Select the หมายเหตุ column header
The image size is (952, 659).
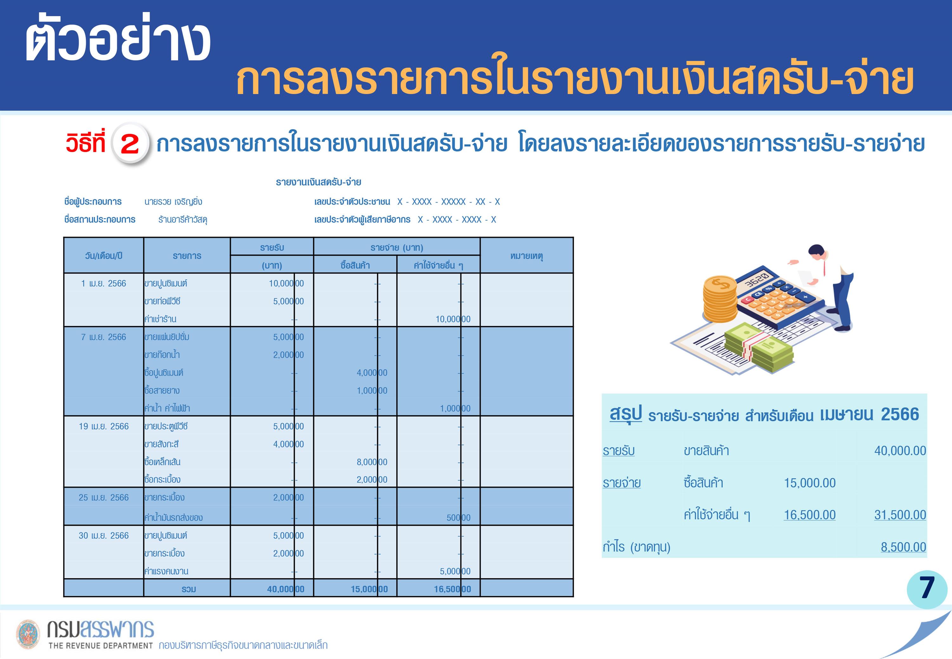click(x=526, y=256)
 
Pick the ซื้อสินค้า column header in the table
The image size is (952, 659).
click(x=355, y=265)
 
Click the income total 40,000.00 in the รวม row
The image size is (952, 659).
click(x=286, y=589)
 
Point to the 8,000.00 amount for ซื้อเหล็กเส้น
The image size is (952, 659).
click(x=372, y=462)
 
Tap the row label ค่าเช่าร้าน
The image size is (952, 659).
click(x=160, y=319)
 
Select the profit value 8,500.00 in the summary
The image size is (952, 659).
click(x=903, y=547)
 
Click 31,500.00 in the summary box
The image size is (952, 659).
click(x=900, y=515)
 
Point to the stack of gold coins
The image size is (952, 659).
click(x=720, y=299)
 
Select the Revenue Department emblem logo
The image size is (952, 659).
click(x=28, y=634)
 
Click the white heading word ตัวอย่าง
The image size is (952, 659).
click(x=118, y=40)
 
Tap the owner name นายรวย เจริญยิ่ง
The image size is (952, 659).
click(x=173, y=202)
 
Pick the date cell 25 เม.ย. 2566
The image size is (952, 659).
click(x=103, y=497)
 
